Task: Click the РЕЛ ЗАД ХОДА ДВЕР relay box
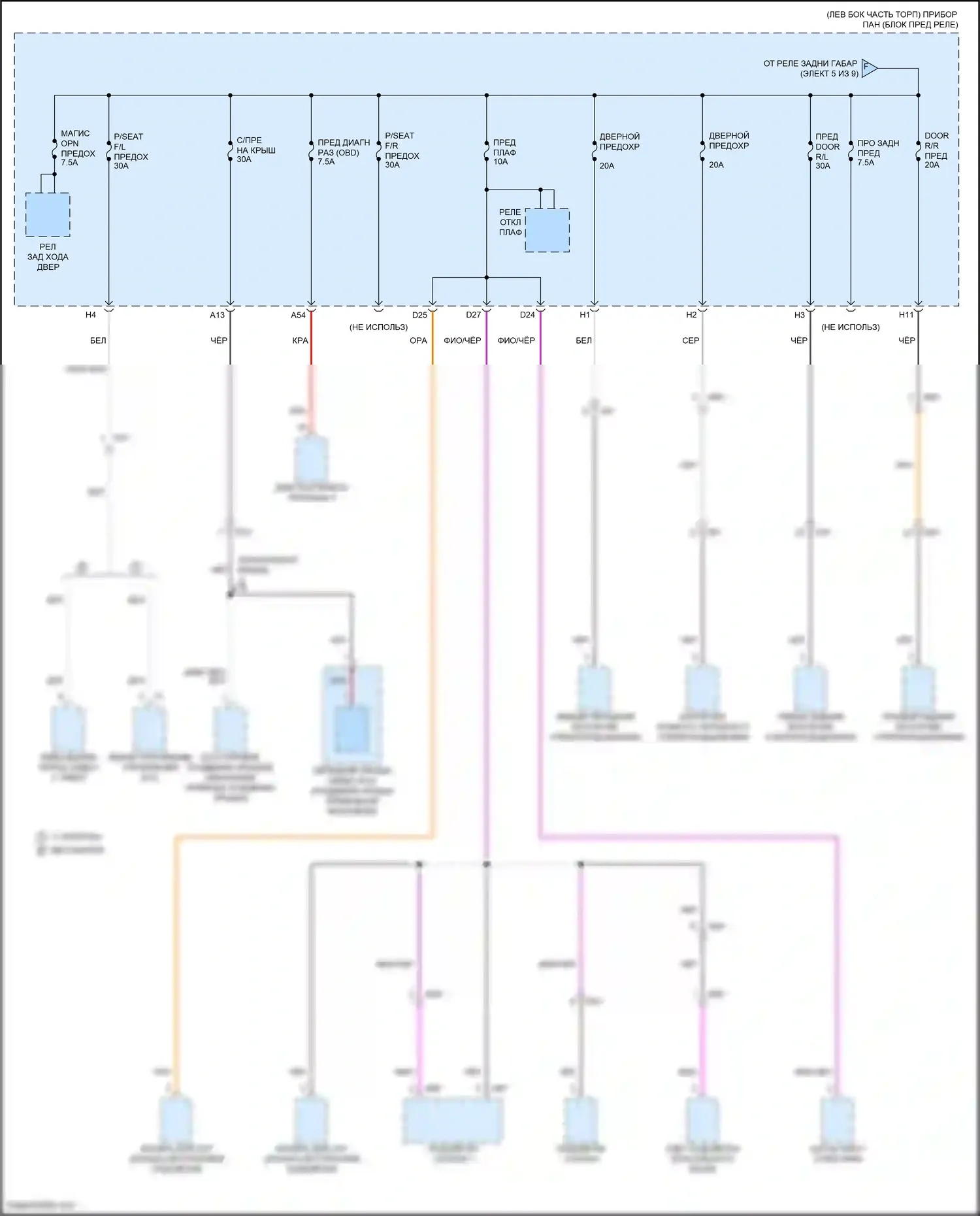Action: pyautogui.click(x=48, y=214)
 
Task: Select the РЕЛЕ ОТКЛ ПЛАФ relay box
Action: pyautogui.click(x=547, y=230)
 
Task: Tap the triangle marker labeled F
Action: pyautogui.click(x=868, y=67)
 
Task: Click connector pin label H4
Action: pyautogui.click(x=91, y=315)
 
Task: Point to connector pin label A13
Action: pyautogui.click(x=217, y=315)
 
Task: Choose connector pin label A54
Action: pyautogui.click(x=298, y=315)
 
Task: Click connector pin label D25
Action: pyautogui.click(x=419, y=315)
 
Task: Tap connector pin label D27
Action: pyautogui.click(x=473, y=315)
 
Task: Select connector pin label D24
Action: pyautogui.click(x=527, y=315)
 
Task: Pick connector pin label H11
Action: pyautogui.click(x=906, y=315)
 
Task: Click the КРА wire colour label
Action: pyautogui.click(x=300, y=340)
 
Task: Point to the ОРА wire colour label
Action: pyautogui.click(x=418, y=340)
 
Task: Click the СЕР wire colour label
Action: pyautogui.click(x=691, y=340)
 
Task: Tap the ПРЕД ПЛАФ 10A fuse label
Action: pyautogui.click(x=504, y=152)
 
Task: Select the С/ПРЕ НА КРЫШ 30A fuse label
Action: pyautogui.click(x=255, y=150)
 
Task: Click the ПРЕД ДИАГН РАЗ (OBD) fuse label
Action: pyautogui.click(x=343, y=152)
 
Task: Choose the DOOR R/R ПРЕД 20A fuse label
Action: pyautogui.click(x=936, y=150)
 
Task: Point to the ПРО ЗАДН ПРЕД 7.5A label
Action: pyautogui.click(x=877, y=152)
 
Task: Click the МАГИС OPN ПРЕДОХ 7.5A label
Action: pyautogui.click(x=77, y=148)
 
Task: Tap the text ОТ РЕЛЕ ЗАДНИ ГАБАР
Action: pyautogui.click(x=810, y=64)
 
